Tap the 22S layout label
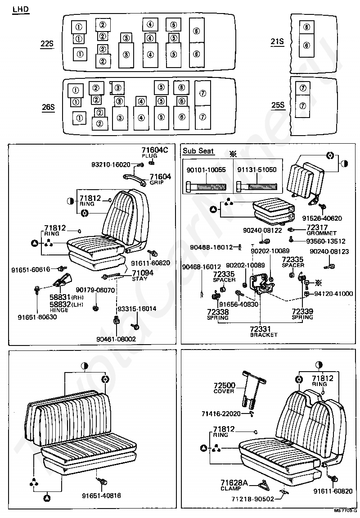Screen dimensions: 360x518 47,44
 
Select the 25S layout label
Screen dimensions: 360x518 278,105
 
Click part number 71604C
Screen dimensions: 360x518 155,150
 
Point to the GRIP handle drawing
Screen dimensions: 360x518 135,179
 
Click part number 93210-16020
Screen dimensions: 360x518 111,164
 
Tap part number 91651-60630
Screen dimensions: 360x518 37,317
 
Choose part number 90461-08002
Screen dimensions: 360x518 116,339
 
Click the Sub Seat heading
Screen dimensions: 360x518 198,151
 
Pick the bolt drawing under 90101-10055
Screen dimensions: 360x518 206,187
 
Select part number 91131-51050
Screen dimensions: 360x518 257,170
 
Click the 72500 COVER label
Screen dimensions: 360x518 225,388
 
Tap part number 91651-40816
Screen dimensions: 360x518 101,496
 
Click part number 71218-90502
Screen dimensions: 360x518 253,499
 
